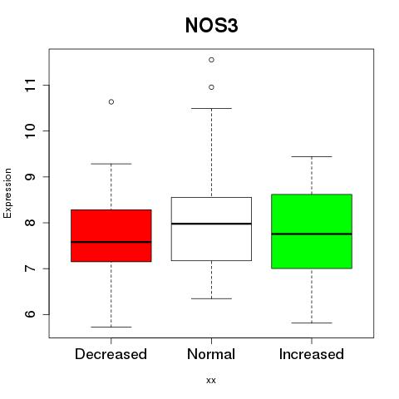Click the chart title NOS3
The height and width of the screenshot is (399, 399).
pyautogui.click(x=211, y=25)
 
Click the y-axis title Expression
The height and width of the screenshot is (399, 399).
pyautogui.click(x=7, y=193)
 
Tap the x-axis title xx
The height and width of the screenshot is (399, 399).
pyautogui.click(x=211, y=380)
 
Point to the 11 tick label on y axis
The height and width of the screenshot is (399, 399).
pyautogui.click(x=31, y=86)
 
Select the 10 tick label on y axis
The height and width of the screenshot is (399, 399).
pyautogui.click(x=31, y=131)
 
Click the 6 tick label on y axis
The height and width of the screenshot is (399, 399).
pyautogui.click(x=31, y=314)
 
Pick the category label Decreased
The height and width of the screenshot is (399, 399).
pyautogui.click(x=111, y=354)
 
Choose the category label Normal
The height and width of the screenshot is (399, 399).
pyautogui.click(x=211, y=354)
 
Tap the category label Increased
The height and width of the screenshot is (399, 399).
pyautogui.click(x=312, y=354)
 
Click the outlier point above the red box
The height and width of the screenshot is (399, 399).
pyautogui.click(x=111, y=102)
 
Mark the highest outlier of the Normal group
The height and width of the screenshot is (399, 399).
pyautogui.click(x=211, y=60)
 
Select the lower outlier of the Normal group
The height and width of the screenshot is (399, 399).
pyautogui.click(x=211, y=87)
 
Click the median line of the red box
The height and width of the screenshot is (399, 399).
pyautogui.click(x=111, y=242)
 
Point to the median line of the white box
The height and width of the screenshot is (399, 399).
pyautogui.click(x=211, y=224)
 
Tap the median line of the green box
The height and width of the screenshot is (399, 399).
pyautogui.click(x=312, y=234)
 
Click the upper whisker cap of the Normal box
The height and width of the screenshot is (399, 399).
pyautogui.click(x=211, y=108)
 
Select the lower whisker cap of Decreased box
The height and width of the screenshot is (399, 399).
pyautogui.click(x=111, y=327)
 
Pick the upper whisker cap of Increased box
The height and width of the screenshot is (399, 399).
pyautogui.click(x=312, y=156)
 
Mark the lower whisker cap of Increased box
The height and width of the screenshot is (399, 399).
pyautogui.click(x=312, y=323)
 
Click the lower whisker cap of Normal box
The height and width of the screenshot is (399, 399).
pyautogui.click(x=211, y=298)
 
